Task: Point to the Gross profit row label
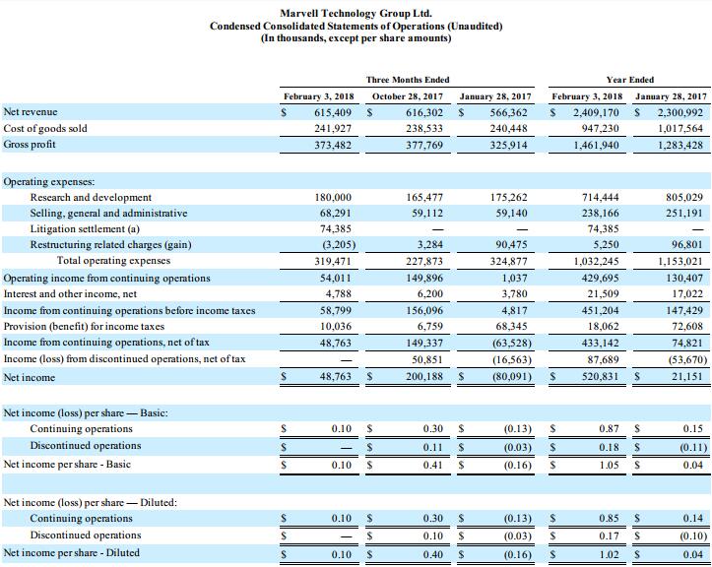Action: pyautogui.click(x=31, y=145)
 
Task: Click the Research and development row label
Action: pyautogui.click(x=91, y=198)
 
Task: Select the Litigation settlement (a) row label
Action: pyautogui.click(x=92, y=229)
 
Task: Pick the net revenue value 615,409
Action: pyautogui.click(x=332, y=113)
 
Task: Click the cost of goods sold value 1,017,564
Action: pyautogui.click(x=680, y=129)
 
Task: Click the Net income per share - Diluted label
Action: pyautogui.click(x=71, y=552)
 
